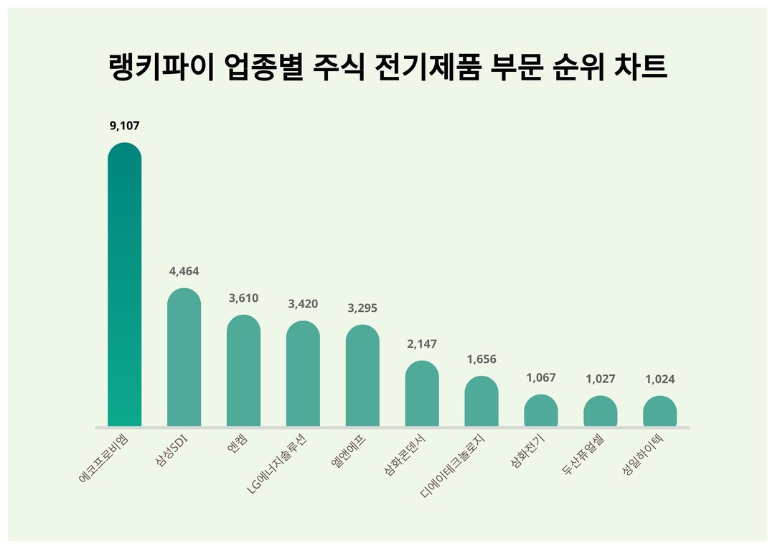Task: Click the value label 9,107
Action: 124,126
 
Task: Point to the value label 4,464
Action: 184,272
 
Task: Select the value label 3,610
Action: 243,298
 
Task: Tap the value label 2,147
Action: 422,344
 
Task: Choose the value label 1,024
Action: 660,379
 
